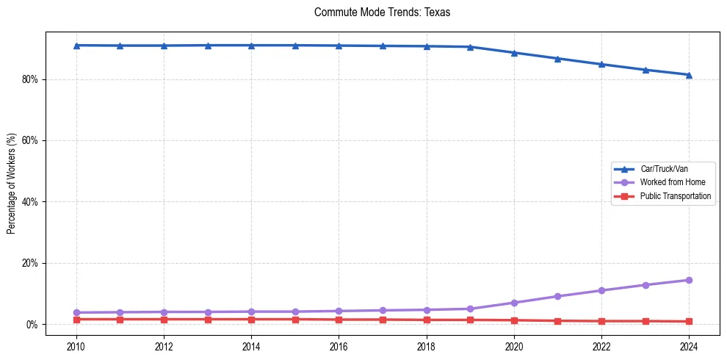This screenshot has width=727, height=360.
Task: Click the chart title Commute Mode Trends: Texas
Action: click(x=381, y=12)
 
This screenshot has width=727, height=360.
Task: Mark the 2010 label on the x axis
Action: click(x=76, y=346)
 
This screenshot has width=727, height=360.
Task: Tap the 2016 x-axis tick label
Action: click(x=339, y=346)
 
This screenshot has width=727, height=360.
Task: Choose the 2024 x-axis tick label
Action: click(x=689, y=346)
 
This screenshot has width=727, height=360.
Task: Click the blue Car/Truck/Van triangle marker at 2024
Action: click(x=689, y=74)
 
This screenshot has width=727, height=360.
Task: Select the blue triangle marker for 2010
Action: click(x=76, y=46)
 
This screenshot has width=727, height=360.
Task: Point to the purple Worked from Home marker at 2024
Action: click(x=689, y=280)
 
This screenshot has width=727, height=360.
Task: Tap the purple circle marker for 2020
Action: click(x=514, y=303)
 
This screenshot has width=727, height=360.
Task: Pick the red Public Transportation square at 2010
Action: click(x=76, y=319)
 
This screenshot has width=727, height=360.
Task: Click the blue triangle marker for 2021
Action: click(x=557, y=58)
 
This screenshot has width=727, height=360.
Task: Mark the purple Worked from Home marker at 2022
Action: click(x=601, y=290)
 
